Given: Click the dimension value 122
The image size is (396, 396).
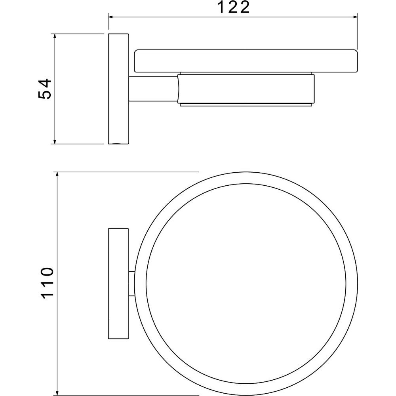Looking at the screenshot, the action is tap(234, 7).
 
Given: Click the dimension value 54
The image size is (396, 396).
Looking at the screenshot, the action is tap(45, 89).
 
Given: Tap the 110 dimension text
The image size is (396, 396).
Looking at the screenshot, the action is tap(47, 283).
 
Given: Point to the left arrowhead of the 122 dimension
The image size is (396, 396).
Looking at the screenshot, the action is tap(111, 17).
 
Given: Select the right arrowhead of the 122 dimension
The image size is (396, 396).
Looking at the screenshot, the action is tap(355, 17).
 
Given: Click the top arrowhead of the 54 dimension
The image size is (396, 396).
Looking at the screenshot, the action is tap(55, 36).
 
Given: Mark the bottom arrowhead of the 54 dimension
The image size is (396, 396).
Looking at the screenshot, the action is tap(55, 141).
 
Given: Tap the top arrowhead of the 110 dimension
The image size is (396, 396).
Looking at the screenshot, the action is tap(57, 175).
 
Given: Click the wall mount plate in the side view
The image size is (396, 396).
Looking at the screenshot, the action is tap(119, 89).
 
